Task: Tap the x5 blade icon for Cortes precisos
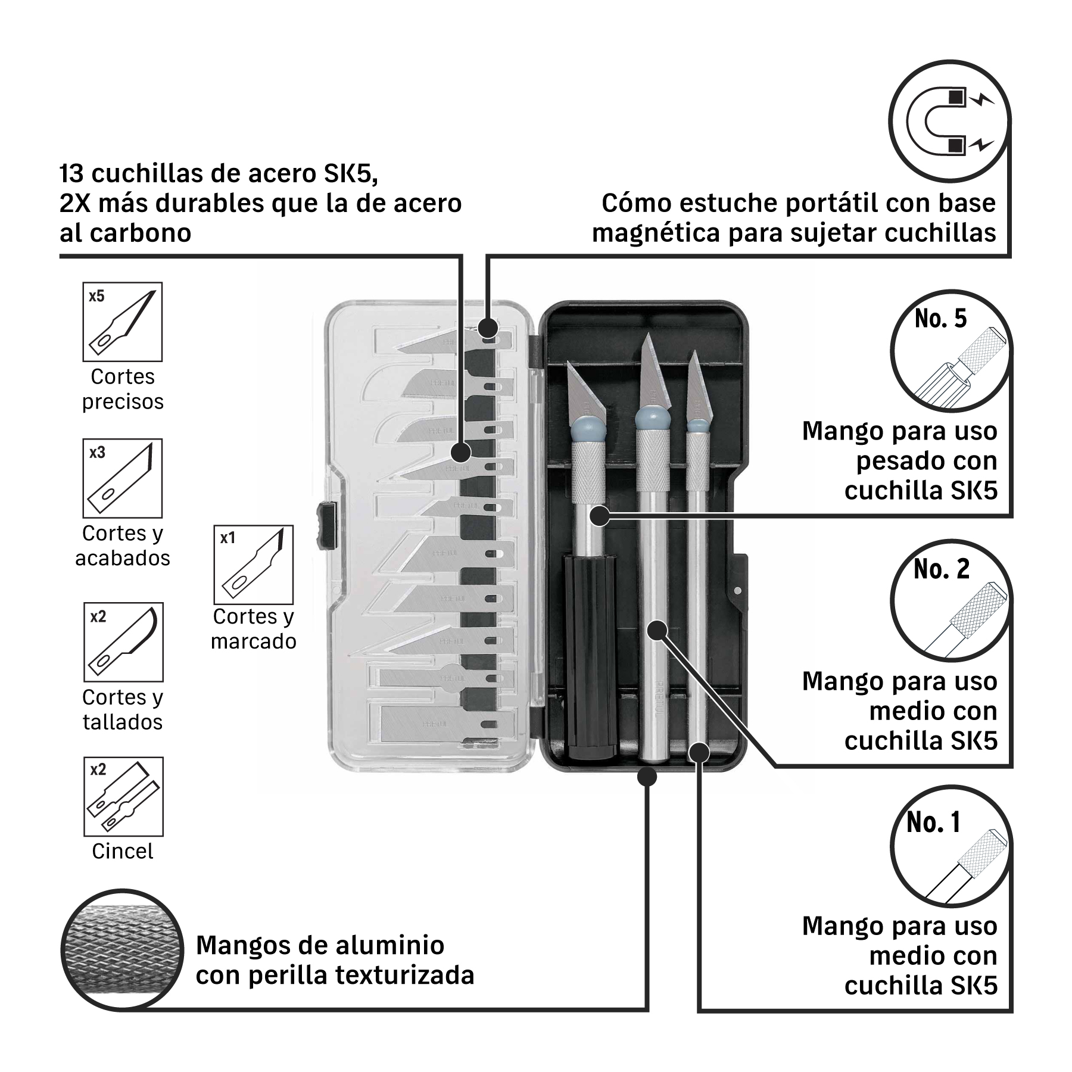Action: tap(123, 322)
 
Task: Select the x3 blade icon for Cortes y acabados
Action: tap(123, 478)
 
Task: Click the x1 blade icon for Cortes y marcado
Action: tap(254, 565)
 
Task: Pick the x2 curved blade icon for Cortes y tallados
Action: tap(123, 642)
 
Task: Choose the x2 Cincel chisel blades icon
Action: tap(123, 797)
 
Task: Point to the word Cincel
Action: tap(123, 851)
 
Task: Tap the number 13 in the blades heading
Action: tap(71, 174)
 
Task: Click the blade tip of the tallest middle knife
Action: tap(647, 335)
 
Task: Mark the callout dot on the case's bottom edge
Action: tap(647, 777)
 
